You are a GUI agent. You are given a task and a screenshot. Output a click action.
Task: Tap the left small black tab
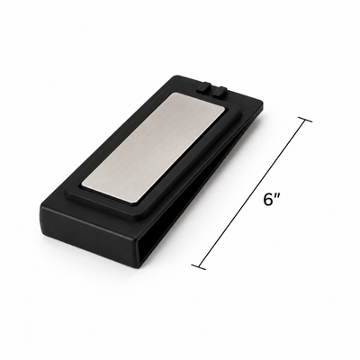coord(203,87)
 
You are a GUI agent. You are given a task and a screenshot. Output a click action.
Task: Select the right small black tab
coord(220,91)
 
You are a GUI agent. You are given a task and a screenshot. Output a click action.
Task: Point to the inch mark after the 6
coord(276,196)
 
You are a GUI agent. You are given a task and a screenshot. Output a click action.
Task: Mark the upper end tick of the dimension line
coord(304,121)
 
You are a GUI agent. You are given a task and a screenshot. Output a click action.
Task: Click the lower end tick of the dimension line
coord(199,266)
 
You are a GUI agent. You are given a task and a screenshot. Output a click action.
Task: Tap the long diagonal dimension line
coord(251,193)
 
